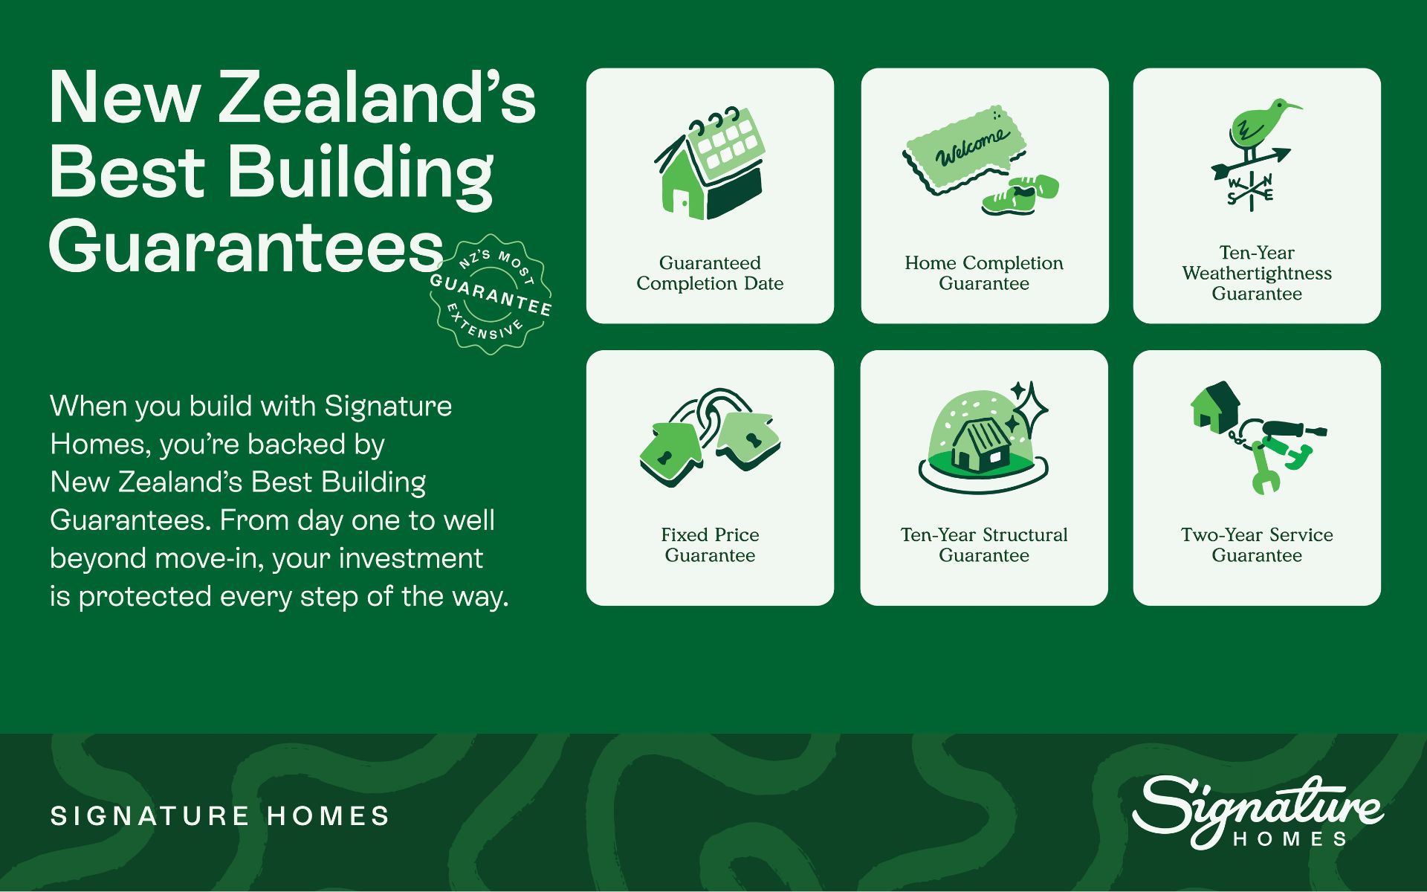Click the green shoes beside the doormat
pyautogui.click(x=1020, y=195)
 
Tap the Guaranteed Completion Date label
pyautogui.click(x=710, y=273)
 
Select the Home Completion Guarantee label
pyautogui.click(x=984, y=273)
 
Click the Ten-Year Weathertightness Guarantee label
pyautogui.click(x=1257, y=273)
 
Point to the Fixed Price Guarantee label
pyautogui.click(x=710, y=545)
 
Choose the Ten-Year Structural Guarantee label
pyautogui.click(x=984, y=545)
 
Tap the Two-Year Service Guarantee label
pyautogui.click(x=1257, y=545)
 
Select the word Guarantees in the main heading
pyautogui.click(x=246, y=246)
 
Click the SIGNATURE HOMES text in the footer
pyautogui.click(x=220, y=816)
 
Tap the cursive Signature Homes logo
pyautogui.click(x=1257, y=812)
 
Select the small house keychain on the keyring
pyautogui.click(x=1215, y=407)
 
